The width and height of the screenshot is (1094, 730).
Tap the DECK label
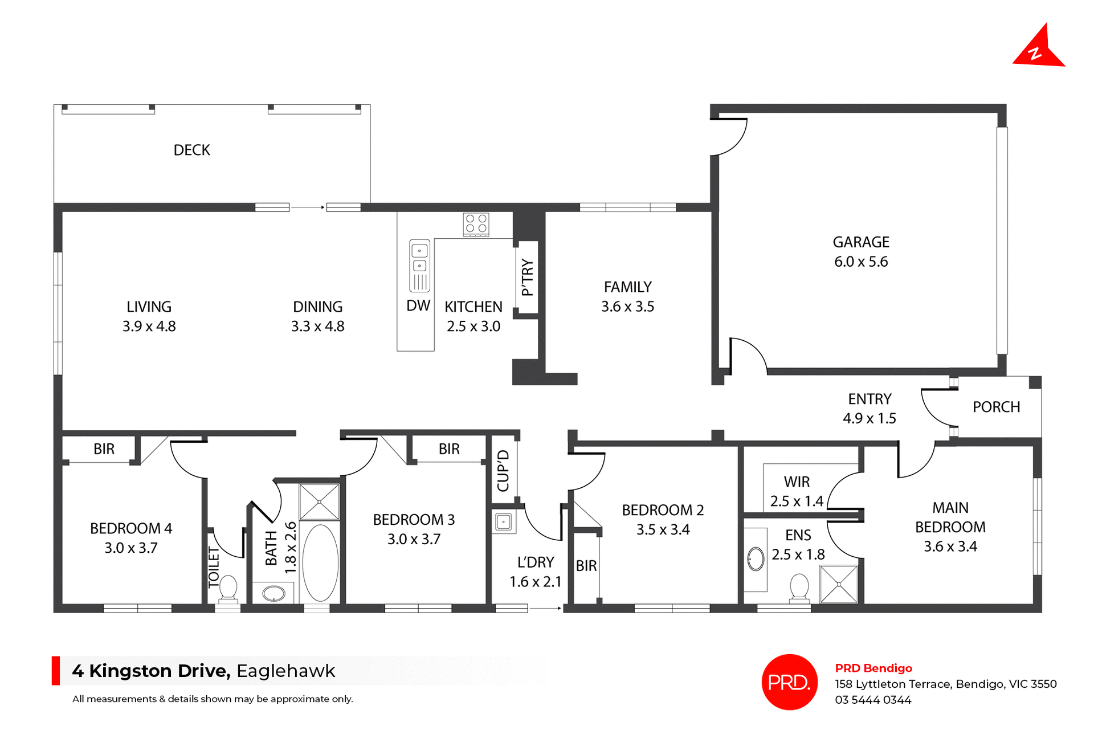[x=191, y=150]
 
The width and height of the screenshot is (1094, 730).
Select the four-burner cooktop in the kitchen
[x=476, y=224]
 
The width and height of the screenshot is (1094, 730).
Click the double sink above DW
[x=419, y=259]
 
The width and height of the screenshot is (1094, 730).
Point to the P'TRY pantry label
[x=528, y=278]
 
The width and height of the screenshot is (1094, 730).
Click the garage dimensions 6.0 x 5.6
[x=860, y=262]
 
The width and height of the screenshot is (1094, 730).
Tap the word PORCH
[x=995, y=407]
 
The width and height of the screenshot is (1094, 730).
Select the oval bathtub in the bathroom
[x=320, y=562]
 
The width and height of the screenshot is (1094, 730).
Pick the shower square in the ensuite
[x=838, y=584]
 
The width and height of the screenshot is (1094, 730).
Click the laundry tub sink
[x=503, y=521]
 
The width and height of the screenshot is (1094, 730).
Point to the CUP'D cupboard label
[x=503, y=471]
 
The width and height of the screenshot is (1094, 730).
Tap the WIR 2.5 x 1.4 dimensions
[x=796, y=501]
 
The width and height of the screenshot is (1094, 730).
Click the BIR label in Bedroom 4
[x=104, y=449]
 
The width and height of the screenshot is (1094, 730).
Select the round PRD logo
[x=789, y=682]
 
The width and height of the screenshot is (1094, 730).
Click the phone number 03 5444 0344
[x=872, y=700]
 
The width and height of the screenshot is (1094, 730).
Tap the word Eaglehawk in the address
[x=285, y=671]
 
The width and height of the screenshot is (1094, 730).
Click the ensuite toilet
[x=799, y=588]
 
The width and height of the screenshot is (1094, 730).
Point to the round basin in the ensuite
[x=756, y=559]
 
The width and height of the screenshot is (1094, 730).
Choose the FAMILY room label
[x=627, y=287]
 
